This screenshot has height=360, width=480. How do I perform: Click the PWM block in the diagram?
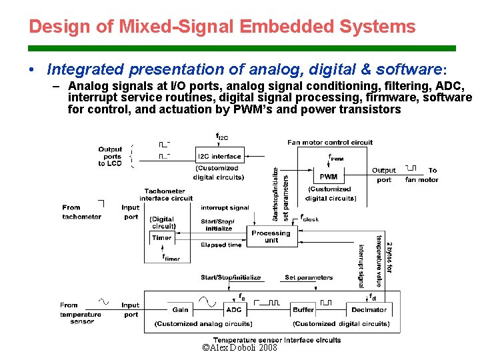(x=328, y=177)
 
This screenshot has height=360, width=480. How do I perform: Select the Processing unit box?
(x=271, y=237)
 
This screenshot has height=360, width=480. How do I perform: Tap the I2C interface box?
(x=219, y=156)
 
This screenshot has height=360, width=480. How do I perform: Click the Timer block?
(x=161, y=237)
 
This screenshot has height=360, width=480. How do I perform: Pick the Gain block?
(x=180, y=309)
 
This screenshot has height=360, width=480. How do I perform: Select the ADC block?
(x=234, y=309)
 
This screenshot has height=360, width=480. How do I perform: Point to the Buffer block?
(x=303, y=309)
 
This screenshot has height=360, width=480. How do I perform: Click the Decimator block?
(x=369, y=309)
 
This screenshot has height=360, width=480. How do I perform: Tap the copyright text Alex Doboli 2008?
(x=239, y=348)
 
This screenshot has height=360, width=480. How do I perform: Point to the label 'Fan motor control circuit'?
(x=330, y=142)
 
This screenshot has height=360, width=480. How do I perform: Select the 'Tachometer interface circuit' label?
(x=166, y=195)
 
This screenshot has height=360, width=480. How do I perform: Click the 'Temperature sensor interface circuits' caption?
(x=277, y=339)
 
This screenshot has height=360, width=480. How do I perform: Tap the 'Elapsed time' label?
(x=221, y=245)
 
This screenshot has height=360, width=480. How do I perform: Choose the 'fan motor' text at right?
(x=422, y=179)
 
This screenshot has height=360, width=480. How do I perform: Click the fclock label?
(x=309, y=218)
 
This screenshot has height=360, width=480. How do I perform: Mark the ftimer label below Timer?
(x=171, y=257)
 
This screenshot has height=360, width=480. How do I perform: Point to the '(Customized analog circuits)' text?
(x=203, y=324)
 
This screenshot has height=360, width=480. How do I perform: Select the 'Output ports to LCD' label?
(x=110, y=156)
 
